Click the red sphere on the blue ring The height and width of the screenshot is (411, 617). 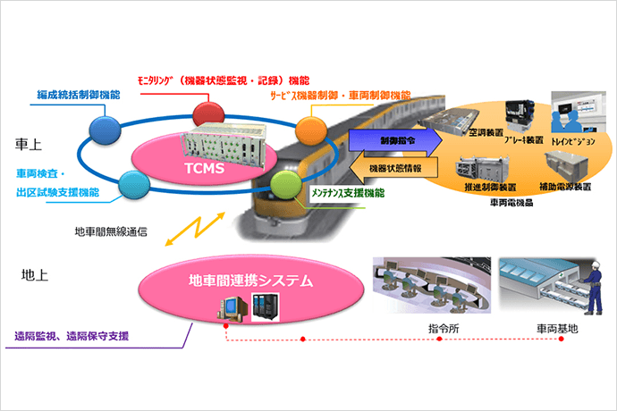point(207,113)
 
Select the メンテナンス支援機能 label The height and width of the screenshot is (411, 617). point(348,193)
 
